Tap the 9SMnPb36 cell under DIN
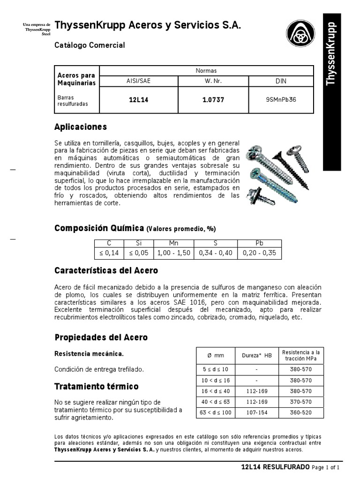click(280, 100)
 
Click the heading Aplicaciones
click(81, 127)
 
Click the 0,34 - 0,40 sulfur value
click(216, 253)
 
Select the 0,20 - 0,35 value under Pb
click(259, 253)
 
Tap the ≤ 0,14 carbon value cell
click(109, 253)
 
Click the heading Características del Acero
click(106, 271)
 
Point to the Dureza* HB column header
click(256, 355)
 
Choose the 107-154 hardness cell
click(256, 412)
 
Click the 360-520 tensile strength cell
click(300, 412)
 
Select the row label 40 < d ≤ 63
click(215, 402)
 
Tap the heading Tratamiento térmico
click(97, 387)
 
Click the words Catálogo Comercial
click(90, 45)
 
